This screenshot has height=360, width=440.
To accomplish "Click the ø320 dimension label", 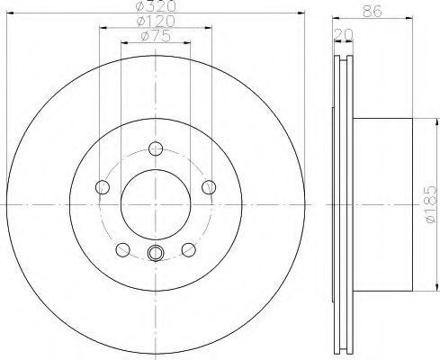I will coord(155,7).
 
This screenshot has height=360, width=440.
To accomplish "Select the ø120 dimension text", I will coord(155,21).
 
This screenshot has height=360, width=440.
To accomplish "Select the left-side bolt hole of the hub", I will coord(102,187).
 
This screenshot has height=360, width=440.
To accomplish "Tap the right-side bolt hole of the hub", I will coord(210,187).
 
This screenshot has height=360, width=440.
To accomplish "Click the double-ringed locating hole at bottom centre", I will coord(156,253).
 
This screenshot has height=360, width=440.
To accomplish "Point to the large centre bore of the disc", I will coord(156,206).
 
